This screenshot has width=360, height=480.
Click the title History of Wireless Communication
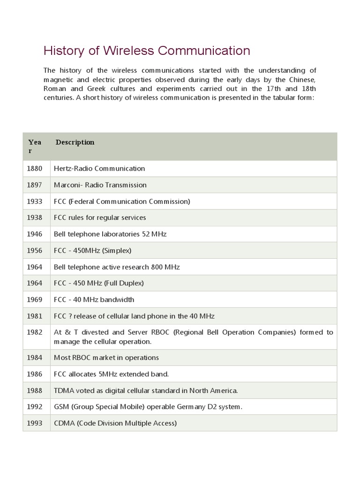click(147, 51)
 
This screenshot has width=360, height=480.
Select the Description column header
click(75, 142)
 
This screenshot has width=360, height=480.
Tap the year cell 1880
click(35, 168)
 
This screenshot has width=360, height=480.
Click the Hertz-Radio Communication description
click(99, 168)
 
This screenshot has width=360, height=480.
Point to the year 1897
click(35, 185)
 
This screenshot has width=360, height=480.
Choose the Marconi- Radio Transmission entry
click(100, 185)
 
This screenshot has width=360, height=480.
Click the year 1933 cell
click(35, 201)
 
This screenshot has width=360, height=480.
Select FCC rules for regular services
click(100, 217)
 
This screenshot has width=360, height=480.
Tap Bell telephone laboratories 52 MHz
click(110, 234)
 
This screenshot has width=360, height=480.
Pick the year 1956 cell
click(35, 250)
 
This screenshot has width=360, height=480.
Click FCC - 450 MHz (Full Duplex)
click(99, 283)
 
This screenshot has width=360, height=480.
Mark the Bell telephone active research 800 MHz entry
click(117, 267)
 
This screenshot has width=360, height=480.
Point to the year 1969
click(35, 300)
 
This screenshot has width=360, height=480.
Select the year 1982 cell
click(35, 332)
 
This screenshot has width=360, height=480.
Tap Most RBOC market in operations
click(106, 358)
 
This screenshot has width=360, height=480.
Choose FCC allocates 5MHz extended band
click(111, 374)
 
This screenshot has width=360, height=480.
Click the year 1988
click(35, 390)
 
